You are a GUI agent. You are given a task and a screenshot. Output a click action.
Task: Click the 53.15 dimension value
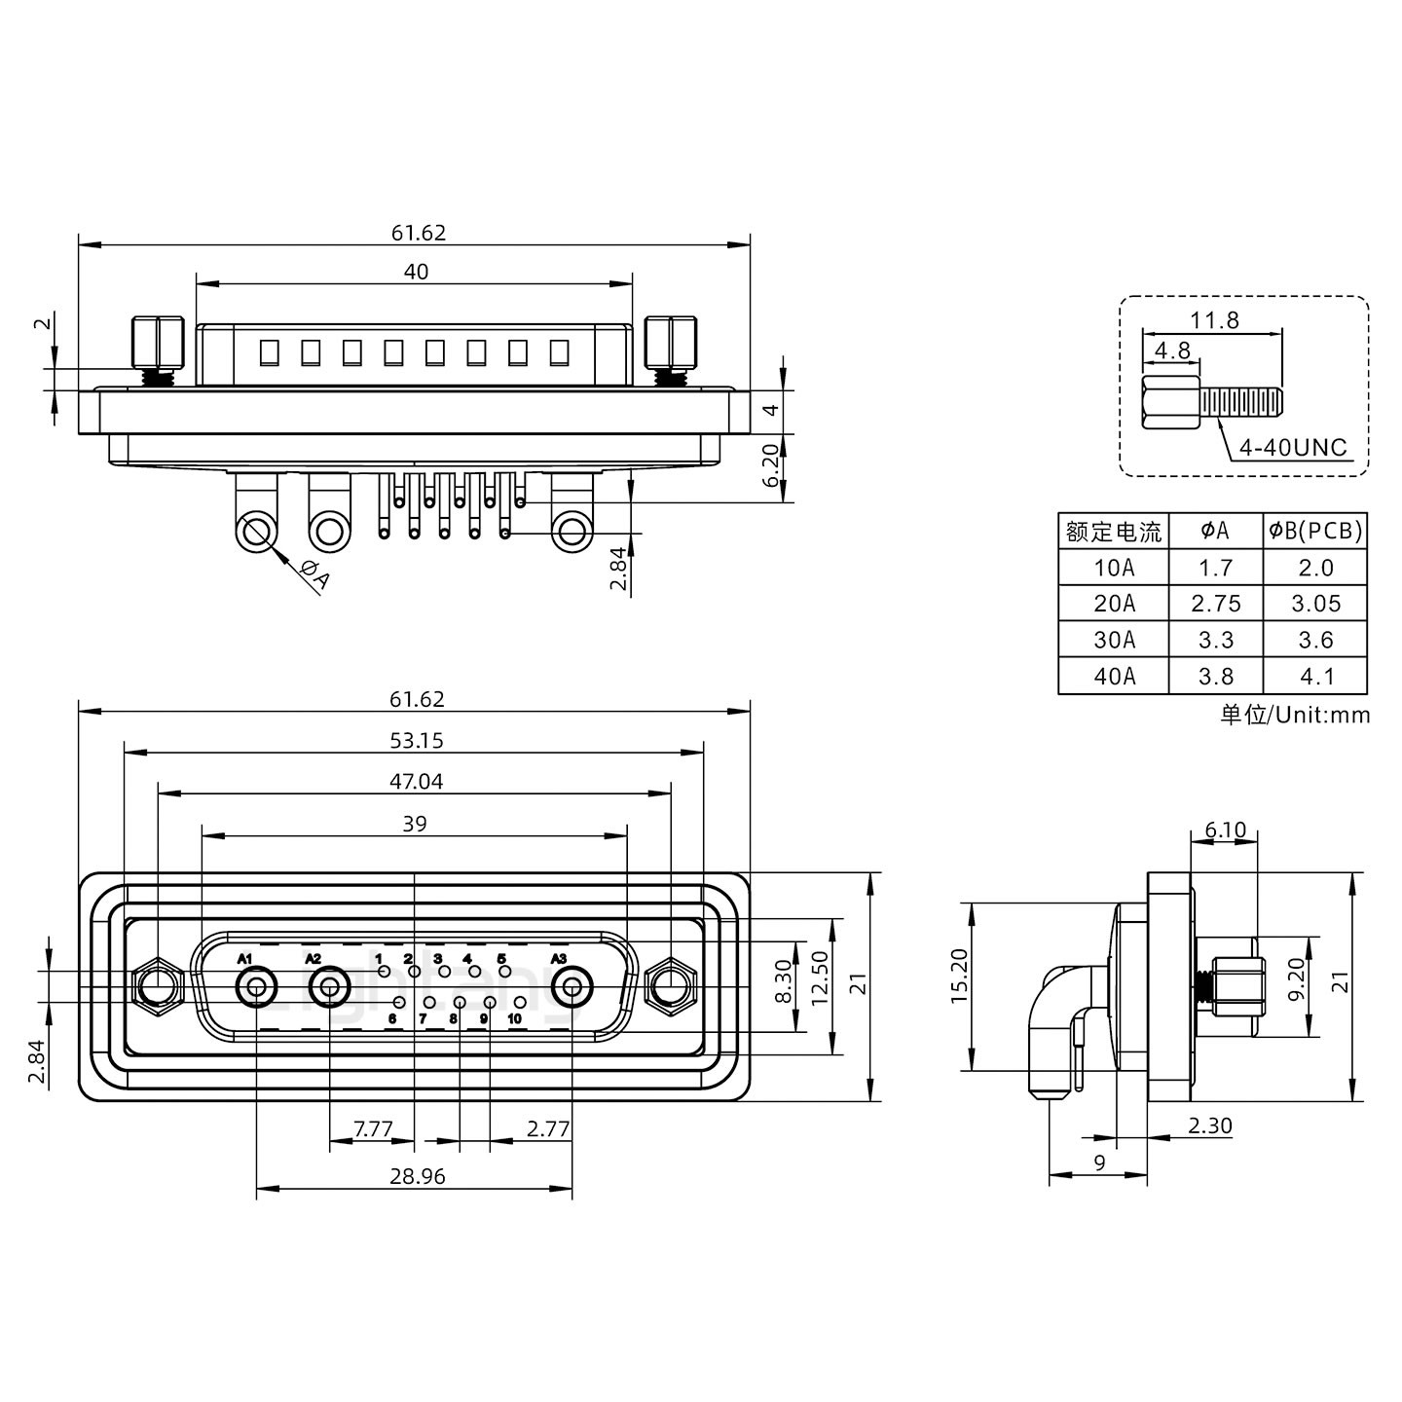click(x=416, y=740)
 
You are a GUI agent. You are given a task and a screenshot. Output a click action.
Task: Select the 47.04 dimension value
click(x=416, y=781)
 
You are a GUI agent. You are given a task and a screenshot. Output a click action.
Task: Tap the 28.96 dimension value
click(x=417, y=1176)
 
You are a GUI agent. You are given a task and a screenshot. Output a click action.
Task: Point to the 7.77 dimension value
click(x=372, y=1129)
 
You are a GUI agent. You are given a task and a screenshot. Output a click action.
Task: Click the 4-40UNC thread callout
click(x=1292, y=448)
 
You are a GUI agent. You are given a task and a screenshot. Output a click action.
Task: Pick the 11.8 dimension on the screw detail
click(x=1215, y=319)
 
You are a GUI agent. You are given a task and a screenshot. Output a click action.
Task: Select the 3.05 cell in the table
click(x=1315, y=604)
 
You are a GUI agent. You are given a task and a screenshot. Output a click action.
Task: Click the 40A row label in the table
click(x=1114, y=676)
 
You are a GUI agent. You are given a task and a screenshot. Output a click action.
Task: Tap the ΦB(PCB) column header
click(x=1315, y=531)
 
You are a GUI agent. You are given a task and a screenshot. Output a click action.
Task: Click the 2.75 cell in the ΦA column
click(x=1216, y=604)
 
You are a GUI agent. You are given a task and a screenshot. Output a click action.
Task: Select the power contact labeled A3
click(x=572, y=989)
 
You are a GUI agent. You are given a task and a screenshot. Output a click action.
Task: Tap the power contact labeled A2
click(x=330, y=989)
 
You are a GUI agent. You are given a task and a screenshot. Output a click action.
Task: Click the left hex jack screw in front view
click(x=157, y=987)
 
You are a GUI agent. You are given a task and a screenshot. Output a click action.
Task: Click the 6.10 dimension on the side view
click(x=1225, y=830)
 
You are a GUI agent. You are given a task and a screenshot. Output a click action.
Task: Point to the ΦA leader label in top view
click(x=315, y=575)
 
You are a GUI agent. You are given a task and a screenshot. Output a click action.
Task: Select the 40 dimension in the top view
click(x=416, y=272)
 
